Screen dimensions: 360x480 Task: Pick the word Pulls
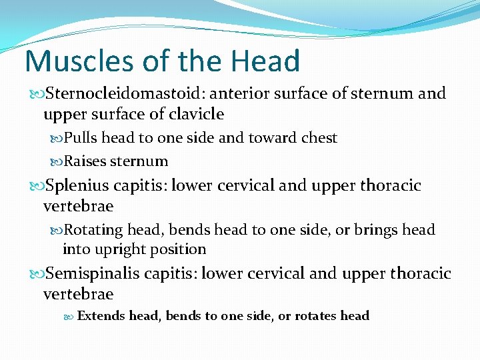tap(81, 138)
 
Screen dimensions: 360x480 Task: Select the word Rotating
tap(93, 230)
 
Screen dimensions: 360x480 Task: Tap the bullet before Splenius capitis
tap(34, 186)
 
